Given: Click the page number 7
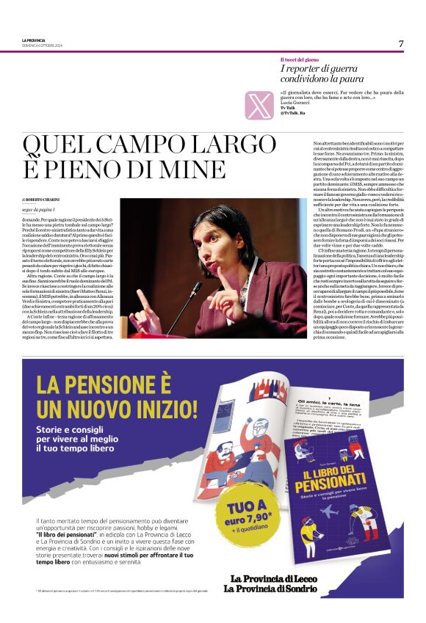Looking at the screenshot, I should tap(401, 43).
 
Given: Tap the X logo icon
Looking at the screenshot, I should tap(259, 105).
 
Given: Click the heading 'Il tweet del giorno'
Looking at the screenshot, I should tap(300, 59).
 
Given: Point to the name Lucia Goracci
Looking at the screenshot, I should tap(293, 103).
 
